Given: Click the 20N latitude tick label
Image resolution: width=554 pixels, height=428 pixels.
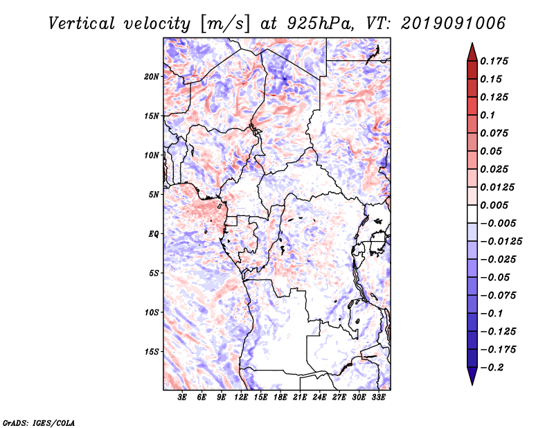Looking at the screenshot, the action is click(x=152, y=77).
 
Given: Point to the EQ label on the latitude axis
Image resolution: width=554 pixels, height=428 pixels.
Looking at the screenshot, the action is click(x=154, y=234).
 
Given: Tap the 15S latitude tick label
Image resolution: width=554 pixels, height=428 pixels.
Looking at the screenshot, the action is click(x=152, y=352).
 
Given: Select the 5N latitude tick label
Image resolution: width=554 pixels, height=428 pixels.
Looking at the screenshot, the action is click(x=154, y=195).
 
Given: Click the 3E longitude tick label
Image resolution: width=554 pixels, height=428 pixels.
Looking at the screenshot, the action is click(x=182, y=397).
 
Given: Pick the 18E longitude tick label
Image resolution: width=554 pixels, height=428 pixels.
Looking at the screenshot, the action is click(x=280, y=397).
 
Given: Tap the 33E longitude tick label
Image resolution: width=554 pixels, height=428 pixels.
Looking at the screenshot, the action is click(x=378, y=397).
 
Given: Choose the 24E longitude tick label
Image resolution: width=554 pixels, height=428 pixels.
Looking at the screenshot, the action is click(x=319, y=397).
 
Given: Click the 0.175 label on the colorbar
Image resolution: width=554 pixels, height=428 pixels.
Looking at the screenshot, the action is click(x=494, y=61).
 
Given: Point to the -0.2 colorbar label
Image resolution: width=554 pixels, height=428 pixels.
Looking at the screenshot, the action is click(x=492, y=368).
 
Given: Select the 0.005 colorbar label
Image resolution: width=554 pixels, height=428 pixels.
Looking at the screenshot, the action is click(x=494, y=205).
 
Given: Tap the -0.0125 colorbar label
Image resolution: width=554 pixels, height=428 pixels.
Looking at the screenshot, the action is click(x=501, y=242).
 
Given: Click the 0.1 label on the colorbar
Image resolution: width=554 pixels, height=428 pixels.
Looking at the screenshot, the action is click(x=488, y=115).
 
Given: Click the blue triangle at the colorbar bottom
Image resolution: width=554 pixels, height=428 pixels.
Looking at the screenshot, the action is click(x=472, y=376).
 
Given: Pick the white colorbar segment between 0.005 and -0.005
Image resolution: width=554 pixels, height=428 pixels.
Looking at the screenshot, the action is click(x=472, y=214).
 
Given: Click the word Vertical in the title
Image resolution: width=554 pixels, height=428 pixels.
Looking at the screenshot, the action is click(x=82, y=24).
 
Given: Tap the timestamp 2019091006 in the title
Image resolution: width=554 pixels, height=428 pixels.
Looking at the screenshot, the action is click(x=454, y=24).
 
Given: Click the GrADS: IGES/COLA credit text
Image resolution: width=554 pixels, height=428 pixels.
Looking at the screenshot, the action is click(x=39, y=422).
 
